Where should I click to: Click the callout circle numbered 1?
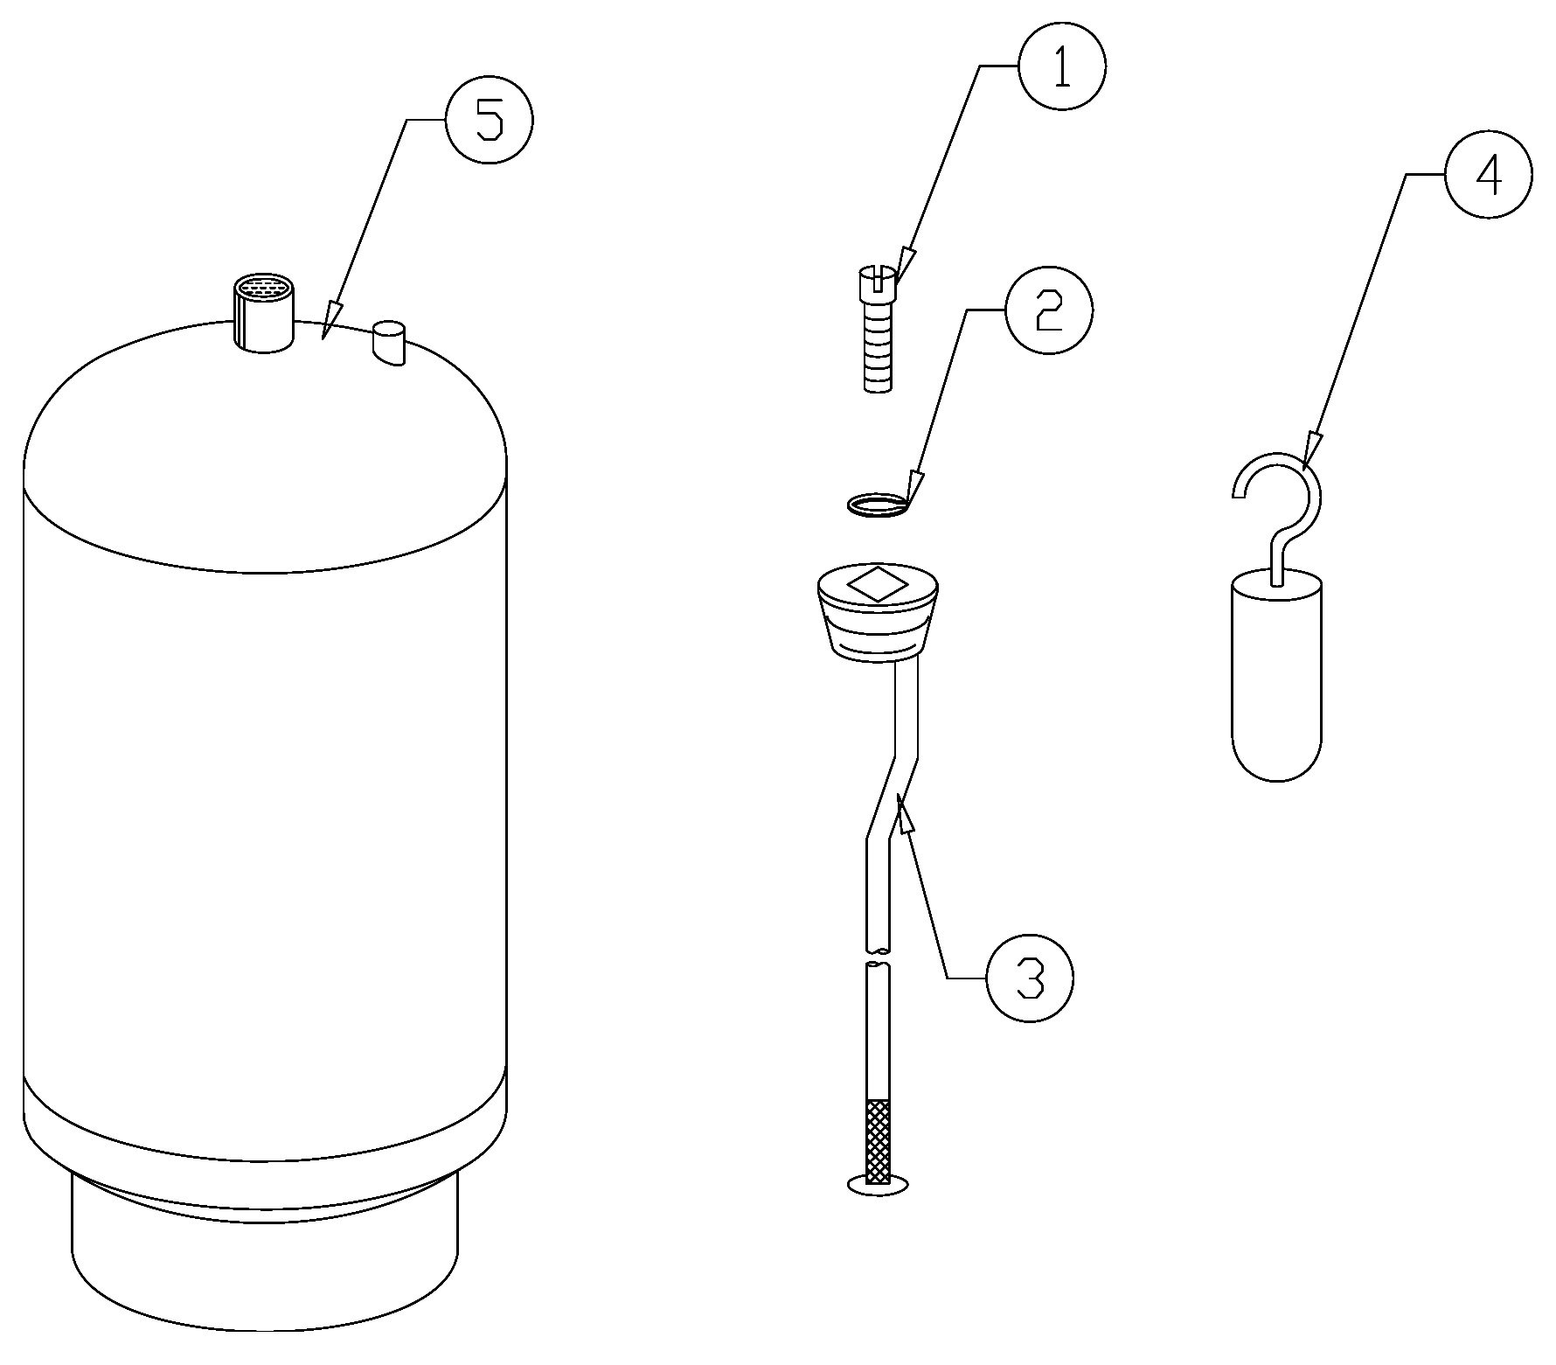1062,66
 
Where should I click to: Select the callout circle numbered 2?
1049,310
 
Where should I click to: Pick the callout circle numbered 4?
1489,175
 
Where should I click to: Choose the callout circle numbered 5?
489,120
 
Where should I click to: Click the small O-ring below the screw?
878,505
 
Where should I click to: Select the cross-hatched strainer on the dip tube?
877,1140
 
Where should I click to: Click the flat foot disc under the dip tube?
878,1185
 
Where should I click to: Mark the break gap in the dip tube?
878,958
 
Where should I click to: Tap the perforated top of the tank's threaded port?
264,287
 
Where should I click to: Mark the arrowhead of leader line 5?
330,320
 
